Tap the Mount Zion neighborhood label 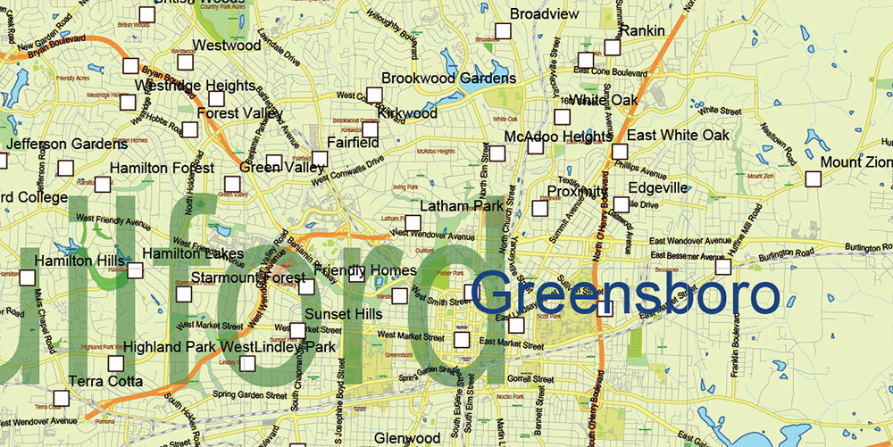(x=855, y=162)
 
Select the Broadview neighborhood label (x=545, y=14)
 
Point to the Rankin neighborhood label (x=642, y=31)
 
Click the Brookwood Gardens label (x=449, y=79)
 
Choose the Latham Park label (x=462, y=207)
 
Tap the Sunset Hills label (x=344, y=314)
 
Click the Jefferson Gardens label (x=67, y=145)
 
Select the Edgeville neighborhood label (x=658, y=188)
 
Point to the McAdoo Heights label (x=558, y=137)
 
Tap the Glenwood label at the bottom (x=407, y=438)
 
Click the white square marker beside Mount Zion (x=813, y=178)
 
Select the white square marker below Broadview (x=502, y=31)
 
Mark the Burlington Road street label (x=866, y=247)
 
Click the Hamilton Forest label (x=162, y=168)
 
